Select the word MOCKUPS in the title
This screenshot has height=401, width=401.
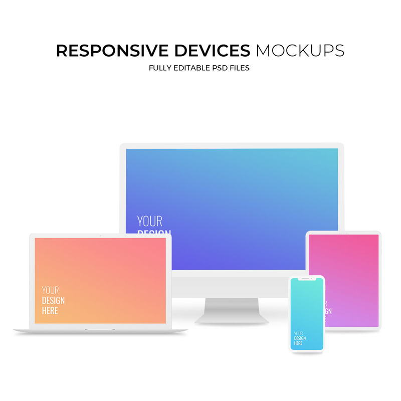(x=300, y=51)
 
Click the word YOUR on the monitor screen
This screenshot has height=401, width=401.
(x=150, y=221)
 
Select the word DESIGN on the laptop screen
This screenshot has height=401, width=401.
(x=53, y=300)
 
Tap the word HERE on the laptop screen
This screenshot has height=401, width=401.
(x=50, y=311)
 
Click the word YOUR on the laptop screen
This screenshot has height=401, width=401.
(x=50, y=290)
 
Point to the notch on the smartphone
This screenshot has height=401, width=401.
(x=307, y=279)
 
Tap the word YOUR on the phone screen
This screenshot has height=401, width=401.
(x=298, y=333)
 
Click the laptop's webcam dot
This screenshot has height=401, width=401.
(x=100, y=235)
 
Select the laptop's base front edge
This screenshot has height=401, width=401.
(x=100, y=330)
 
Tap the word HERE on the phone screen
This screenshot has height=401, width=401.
(x=298, y=343)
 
